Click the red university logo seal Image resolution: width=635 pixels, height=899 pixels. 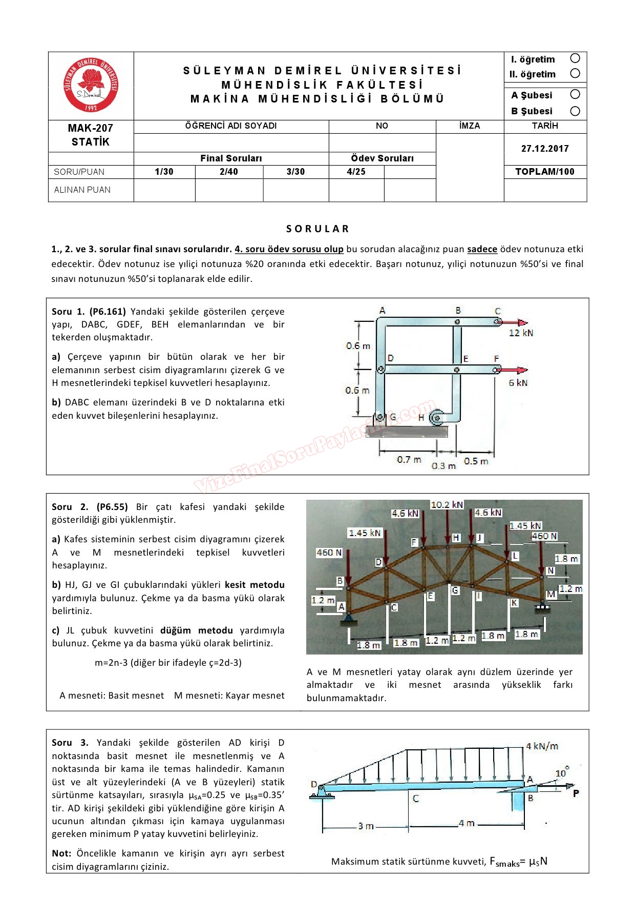pyautogui.click(x=91, y=85)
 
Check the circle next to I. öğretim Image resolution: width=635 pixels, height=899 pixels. pyautogui.click(x=575, y=58)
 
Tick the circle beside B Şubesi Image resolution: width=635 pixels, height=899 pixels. pyautogui.click(x=575, y=111)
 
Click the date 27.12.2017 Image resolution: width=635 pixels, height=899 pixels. pyautogui.click(x=545, y=149)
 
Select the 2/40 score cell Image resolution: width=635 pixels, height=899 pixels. pyautogui.click(x=229, y=172)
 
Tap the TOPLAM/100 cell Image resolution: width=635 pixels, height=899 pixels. pyautogui.click(x=545, y=172)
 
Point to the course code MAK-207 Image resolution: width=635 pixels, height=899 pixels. pyautogui.click(x=91, y=128)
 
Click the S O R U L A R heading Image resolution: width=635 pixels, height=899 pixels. pyautogui.click(x=317, y=229)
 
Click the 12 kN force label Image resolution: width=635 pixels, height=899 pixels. pyautogui.click(x=521, y=333)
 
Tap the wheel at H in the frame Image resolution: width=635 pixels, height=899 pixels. pyautogui.click(x=436, y=418)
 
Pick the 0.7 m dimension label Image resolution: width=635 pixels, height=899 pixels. pyautogui.click(x=409, y=460)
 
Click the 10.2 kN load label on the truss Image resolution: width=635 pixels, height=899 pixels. pyautogui.click(x=447, y=505)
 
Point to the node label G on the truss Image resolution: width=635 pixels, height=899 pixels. pyautogui.click(x=455, y=590)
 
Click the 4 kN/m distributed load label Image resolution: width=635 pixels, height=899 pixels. pyautogui.click(x=542, y=746)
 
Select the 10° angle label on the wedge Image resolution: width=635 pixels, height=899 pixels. pyautogui.click(x=562, y=772)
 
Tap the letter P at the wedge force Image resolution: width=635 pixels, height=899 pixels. pyautogui.click(x=576, y=793)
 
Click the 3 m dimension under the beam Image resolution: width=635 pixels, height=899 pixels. pyautogui.click(x=366, y=826)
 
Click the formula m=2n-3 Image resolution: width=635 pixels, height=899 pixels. pyautogui.click(x=168, y=663)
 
